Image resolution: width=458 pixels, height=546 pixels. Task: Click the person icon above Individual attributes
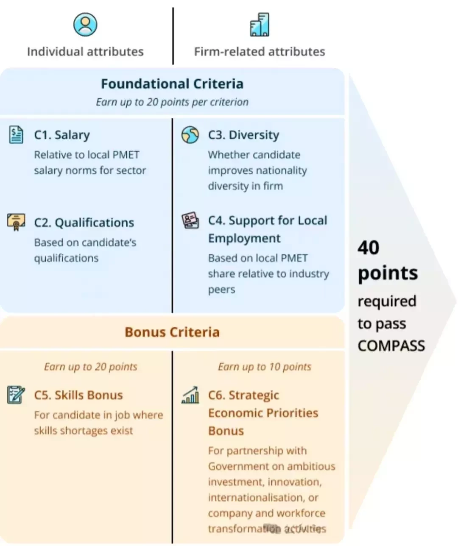coord(85,24)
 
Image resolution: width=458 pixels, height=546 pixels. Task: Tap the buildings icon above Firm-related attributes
coord(260,24)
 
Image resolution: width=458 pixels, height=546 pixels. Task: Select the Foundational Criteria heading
coord(172,84)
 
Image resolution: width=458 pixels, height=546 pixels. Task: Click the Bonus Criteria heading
coord(172,332)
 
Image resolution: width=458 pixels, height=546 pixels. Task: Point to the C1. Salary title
coord(62,135)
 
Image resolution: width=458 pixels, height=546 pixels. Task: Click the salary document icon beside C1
coord(16,135)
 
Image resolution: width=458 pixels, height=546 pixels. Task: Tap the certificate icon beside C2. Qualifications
coord(16,222)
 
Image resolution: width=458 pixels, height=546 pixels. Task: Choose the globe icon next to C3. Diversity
coord(190,135)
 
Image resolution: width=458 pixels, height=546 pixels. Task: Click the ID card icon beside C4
coord(190,220)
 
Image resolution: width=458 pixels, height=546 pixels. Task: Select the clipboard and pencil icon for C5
coord(16,395)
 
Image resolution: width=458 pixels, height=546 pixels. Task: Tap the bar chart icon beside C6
coord(190,395)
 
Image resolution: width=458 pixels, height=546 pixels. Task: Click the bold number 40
coord(368,248)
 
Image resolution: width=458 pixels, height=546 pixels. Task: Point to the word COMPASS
coord(391,345)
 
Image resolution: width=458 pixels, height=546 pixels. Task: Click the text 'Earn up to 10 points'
coord(265,367)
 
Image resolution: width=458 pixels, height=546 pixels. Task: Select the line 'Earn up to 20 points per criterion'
coord(172,102)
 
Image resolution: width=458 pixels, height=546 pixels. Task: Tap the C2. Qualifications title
coord(84,223)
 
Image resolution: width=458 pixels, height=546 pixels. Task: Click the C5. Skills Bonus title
coord(78,395)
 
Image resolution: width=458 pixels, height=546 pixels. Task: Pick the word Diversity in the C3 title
coord(254,135)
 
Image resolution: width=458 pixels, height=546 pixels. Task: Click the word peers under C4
coord(221,290)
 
